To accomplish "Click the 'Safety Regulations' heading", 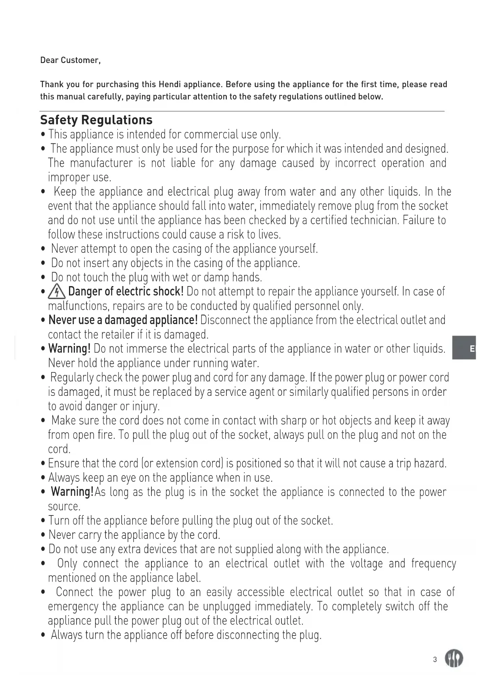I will [x=96, y=120].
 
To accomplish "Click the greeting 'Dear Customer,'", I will [x=70, y=60].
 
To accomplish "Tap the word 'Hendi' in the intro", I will [x=169, y=84].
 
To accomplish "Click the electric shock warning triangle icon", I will [x=57, y=292].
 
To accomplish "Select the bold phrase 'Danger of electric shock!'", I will [x=126, y=292].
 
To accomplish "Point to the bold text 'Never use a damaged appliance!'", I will [x=123, y=320].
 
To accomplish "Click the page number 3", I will [x=435, y=659].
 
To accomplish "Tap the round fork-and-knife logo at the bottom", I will [x=454, y=659].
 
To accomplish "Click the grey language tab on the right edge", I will [x=464, y=348].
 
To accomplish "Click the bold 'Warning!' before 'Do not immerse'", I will [x=69, y=349].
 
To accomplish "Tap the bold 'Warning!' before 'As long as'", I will [x=72, y=492].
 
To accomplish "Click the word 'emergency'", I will [x=73, y=607].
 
